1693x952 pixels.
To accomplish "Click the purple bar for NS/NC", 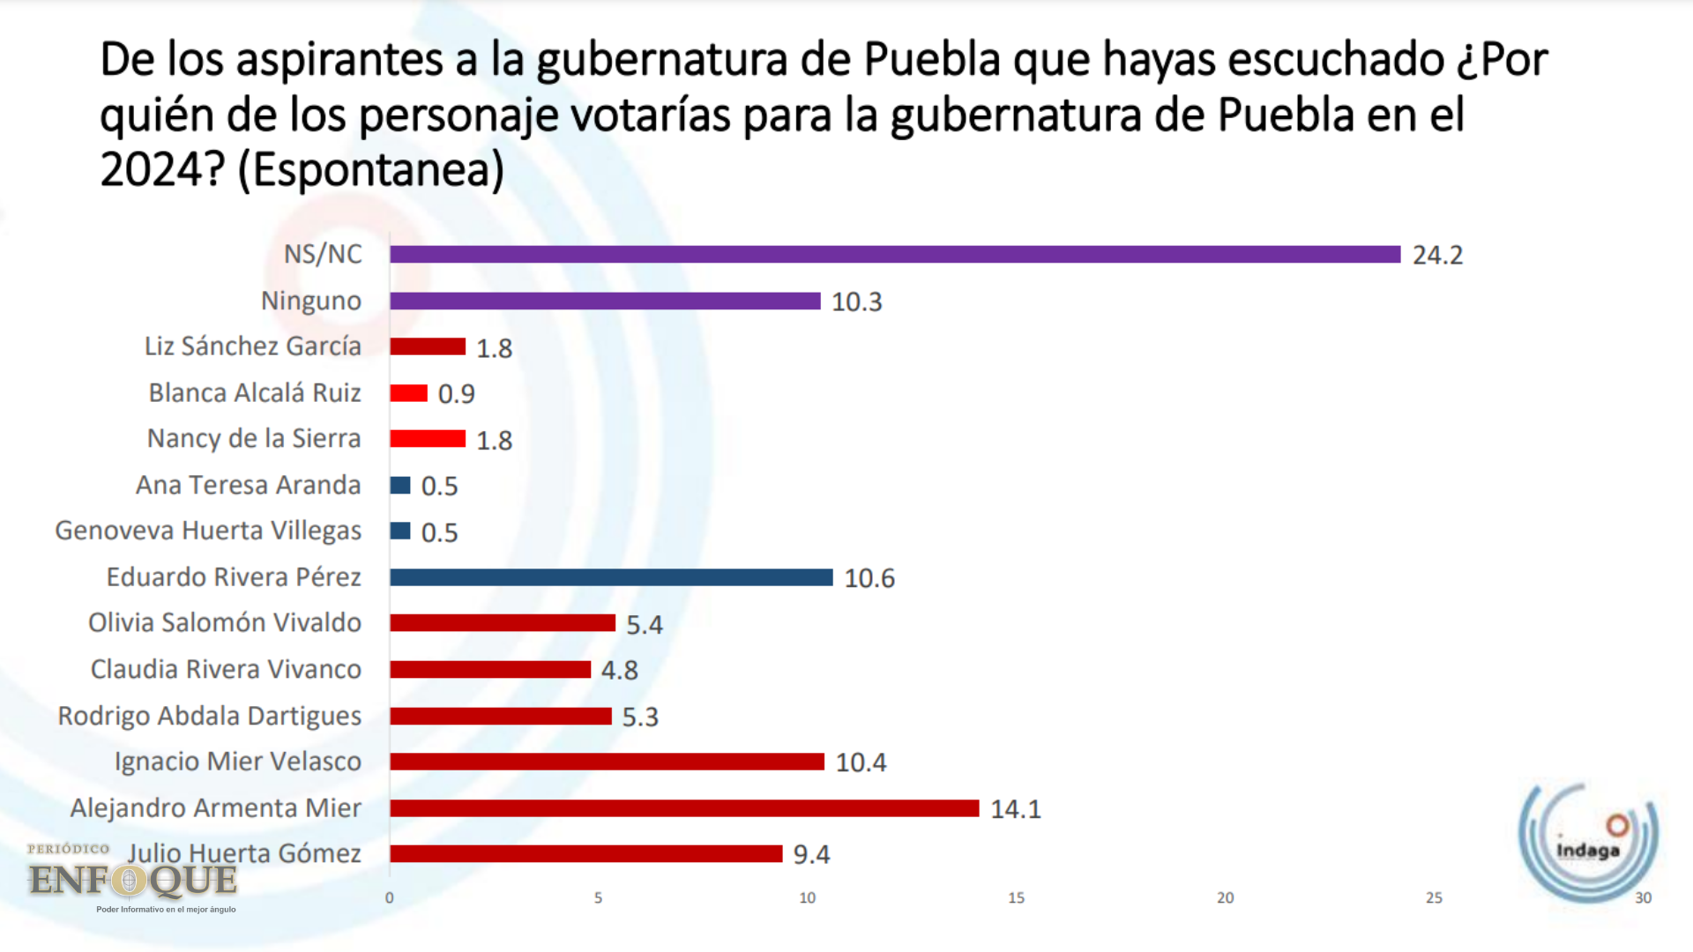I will (x=895, y=254).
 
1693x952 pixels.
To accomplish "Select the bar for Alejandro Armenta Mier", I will (x=684, y=808).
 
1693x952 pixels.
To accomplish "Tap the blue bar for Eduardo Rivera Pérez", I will (x=611, y=577).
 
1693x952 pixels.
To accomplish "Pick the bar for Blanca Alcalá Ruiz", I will (x=409, y=393).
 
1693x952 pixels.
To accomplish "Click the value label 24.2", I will (x=1437, y=256).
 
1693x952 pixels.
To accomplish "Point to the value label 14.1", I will (x=1015, y=809).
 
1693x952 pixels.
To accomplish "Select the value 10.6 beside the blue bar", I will (x=869, y=578).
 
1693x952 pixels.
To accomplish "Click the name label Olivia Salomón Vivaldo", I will (x=225, y=623).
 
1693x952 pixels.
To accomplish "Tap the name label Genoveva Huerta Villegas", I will (x=208, y=531).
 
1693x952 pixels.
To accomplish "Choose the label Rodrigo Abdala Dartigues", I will (x=210, y=716).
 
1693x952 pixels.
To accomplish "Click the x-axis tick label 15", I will (x=1016, y=898).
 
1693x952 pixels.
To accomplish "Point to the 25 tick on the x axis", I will (x=1434, y=898).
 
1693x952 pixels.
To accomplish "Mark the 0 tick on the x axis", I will (x=390, y=898).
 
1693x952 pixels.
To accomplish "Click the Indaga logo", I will (x=1588, y=842).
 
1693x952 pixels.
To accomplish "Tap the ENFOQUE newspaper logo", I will (x=132, y=879).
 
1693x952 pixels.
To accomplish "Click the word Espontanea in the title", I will (x=371, y=170).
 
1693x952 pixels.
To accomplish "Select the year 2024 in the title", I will (x=151, y=170).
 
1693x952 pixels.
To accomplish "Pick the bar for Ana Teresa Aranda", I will (x=400, y=485).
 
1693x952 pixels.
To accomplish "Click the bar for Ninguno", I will (x=605, y=301).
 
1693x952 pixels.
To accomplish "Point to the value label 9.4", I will (x=811, y=855).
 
